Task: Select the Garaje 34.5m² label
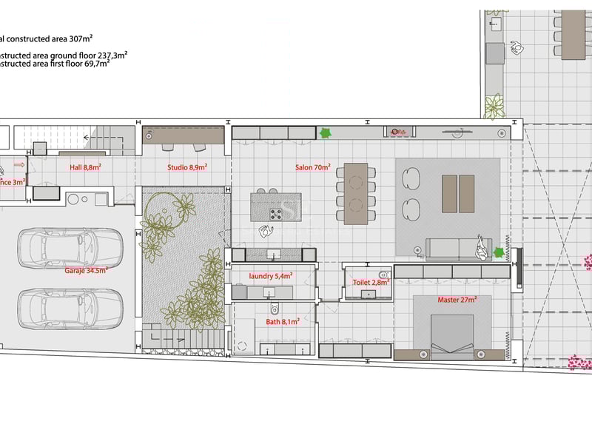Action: coord(86,270)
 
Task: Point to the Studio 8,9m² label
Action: coord(187,168)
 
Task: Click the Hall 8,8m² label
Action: coord(85,168)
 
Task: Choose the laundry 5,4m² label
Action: coord(270,276)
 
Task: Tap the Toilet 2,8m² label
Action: coord(370,283)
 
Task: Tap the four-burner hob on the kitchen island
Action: coord(276,215)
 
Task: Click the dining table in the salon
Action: coord(355,193)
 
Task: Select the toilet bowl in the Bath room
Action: coord(274,309)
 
